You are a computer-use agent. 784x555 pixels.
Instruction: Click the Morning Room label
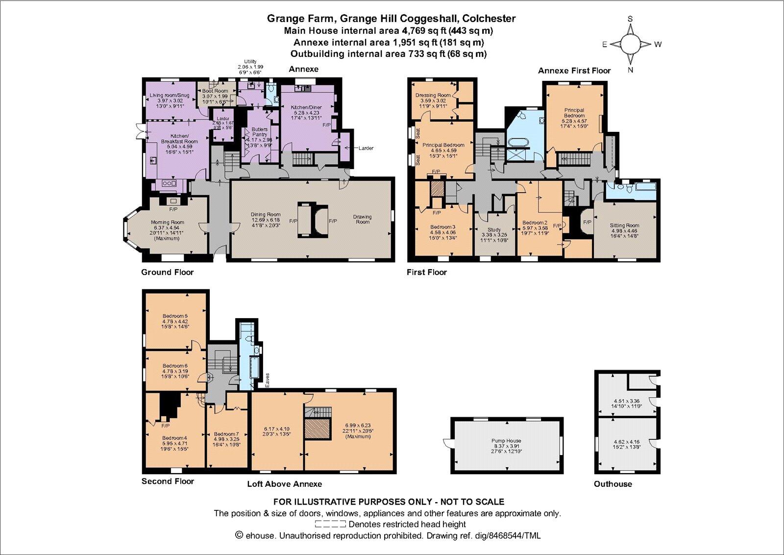[168, 223]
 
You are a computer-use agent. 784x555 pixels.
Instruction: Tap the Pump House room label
[507, 441]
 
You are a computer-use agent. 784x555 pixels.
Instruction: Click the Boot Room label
[215, 91]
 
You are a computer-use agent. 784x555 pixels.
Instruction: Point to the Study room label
[494, 229]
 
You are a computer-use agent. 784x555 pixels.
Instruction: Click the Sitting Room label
[624, 226]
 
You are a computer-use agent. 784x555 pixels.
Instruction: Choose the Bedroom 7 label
[226, 434]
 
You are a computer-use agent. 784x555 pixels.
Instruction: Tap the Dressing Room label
[433, 95]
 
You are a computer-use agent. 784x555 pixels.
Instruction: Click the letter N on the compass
[631, 70]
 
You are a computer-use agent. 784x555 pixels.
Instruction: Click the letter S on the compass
[631, 19]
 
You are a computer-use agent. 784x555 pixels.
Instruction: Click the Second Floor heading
[168, 481]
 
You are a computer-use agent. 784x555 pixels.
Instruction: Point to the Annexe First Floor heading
[574, 71]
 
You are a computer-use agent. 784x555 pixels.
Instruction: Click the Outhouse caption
[612, 484]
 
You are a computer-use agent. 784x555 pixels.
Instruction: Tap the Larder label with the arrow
[366, 148]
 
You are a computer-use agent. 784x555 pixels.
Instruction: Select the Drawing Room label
[362, 219]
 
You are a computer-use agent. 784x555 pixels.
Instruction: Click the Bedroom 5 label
[175, 316]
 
